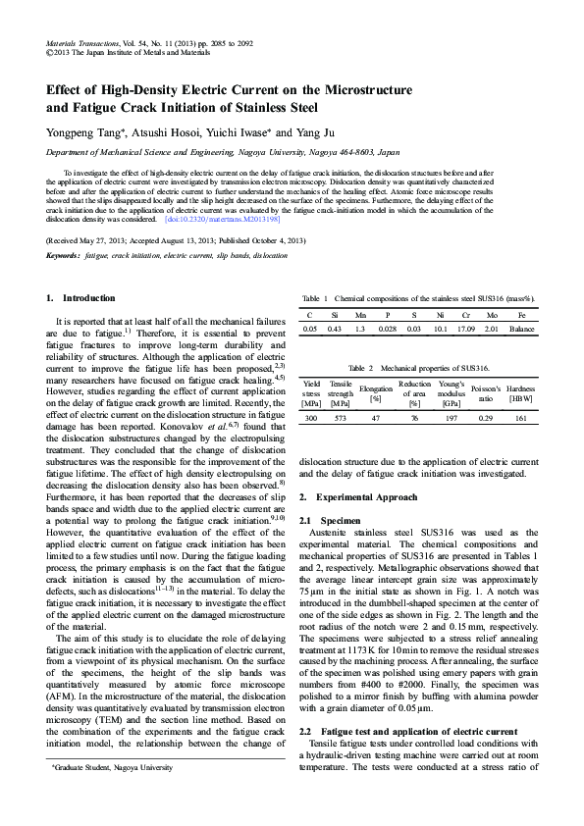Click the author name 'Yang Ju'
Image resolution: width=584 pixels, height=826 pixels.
(323, 132)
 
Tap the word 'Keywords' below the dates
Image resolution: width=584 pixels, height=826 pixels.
(63, 255)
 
